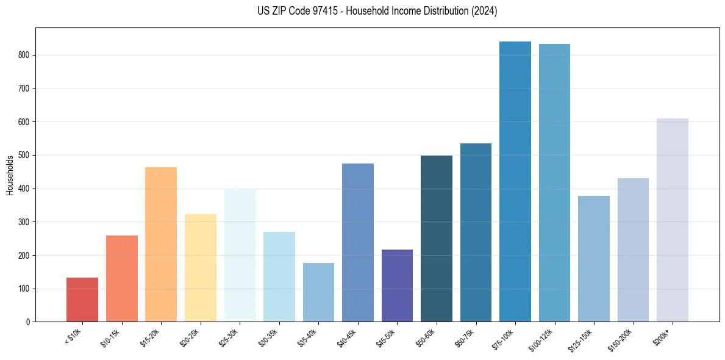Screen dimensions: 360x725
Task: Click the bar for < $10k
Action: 82,300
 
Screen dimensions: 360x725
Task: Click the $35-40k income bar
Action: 318,292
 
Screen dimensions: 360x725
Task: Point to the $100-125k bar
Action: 554,183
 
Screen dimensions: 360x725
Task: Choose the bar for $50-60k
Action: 437,239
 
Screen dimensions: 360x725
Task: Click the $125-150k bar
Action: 594,259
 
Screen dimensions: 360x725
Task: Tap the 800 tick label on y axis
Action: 23,55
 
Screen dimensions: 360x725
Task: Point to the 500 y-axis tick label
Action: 23,155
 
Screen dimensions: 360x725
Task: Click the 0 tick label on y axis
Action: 27,322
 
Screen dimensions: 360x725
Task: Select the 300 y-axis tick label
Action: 23,222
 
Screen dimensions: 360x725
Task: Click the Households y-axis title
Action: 10,175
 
